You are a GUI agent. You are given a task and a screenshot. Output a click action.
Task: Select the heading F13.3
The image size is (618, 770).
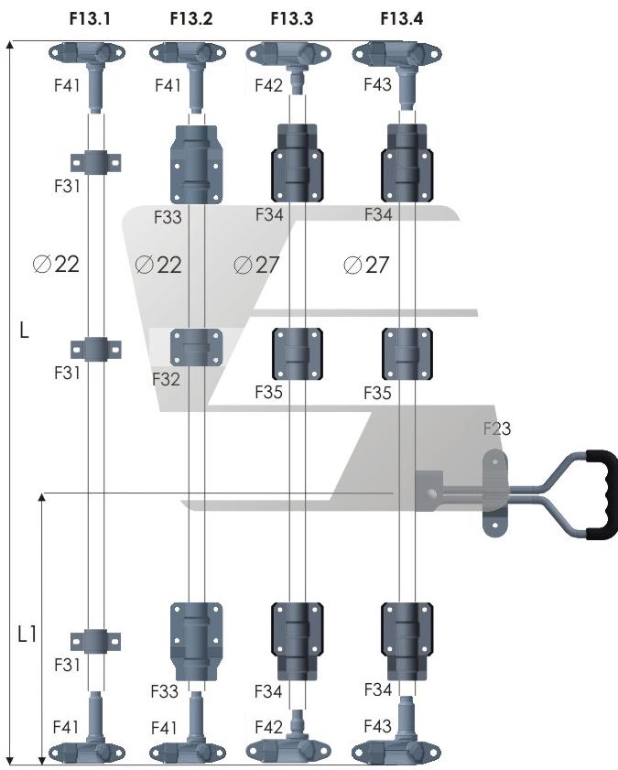[292, 17]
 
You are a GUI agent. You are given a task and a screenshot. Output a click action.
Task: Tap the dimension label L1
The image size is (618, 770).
[27, 633]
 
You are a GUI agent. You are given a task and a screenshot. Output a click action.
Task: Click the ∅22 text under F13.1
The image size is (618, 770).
[56, 265]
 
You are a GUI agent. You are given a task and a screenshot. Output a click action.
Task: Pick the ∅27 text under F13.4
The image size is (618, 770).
[366, 265]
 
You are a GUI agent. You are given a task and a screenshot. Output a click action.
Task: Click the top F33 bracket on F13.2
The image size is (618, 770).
[196, 164]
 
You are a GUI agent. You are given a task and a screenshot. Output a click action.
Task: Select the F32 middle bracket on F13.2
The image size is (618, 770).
[196, 348]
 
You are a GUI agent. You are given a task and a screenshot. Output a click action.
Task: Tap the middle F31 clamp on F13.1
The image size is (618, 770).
[96, 349]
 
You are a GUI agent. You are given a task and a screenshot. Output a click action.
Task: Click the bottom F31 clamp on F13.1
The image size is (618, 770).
[96, 638]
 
